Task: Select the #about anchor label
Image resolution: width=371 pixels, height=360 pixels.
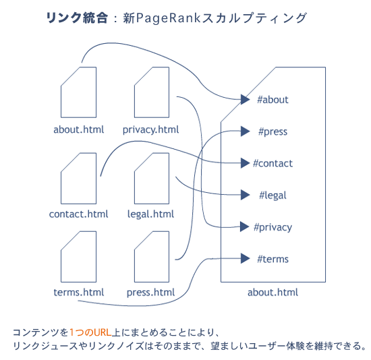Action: (x=273, y=100)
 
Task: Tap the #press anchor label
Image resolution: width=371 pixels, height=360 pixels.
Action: (x=273, y=131)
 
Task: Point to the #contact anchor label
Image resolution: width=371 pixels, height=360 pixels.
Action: (x=273, y=163)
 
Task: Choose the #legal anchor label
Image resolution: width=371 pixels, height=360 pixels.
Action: (x=273, y=196)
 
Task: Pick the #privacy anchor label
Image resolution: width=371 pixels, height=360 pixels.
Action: (x=273, y=227)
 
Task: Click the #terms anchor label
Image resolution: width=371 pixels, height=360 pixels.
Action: (x=273, y=259)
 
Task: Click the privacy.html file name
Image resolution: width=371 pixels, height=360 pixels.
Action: (x=150, y=129)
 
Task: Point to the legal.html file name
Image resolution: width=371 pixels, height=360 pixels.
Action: (x=150, y=214)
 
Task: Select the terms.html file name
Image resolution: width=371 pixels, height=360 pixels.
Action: (x=78, y=293)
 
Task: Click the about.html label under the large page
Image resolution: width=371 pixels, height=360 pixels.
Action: (x=273, y=293)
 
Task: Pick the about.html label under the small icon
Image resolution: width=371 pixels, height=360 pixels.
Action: (x=78, y=129)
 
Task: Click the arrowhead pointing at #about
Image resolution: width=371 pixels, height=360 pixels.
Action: (x=246, y=100)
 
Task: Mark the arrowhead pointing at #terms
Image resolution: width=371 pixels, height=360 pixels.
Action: (x=246, y=259)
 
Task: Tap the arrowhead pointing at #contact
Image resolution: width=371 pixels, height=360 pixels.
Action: (x=246, y=163)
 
